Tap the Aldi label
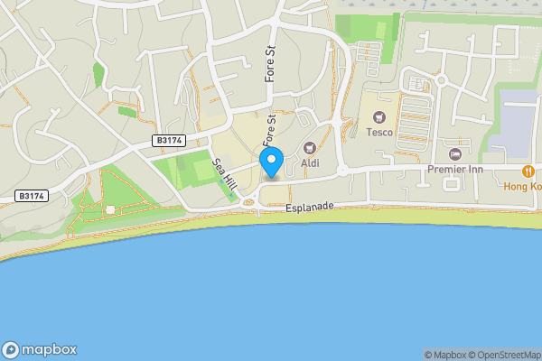point(310,162)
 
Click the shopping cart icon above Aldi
point(310,147)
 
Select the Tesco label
point(379,132)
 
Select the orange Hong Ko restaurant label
point(523,187)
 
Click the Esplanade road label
point(309,208)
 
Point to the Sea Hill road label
point(224,174)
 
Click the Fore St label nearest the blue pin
point(268,131)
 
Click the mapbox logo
point(40,349)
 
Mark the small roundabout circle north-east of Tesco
point(442,79)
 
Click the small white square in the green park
point(110,210)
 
